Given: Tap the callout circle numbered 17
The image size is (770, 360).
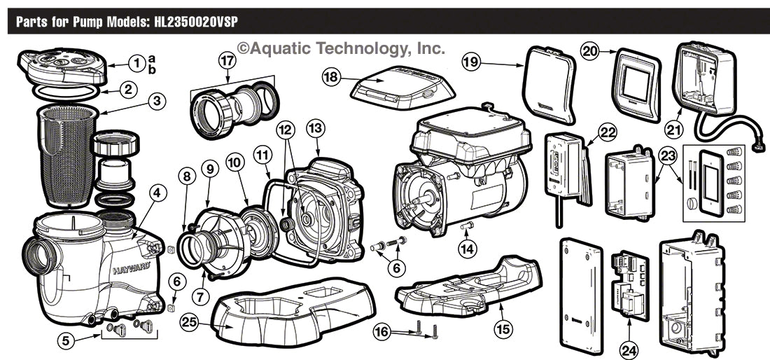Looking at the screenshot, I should [225, 60].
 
